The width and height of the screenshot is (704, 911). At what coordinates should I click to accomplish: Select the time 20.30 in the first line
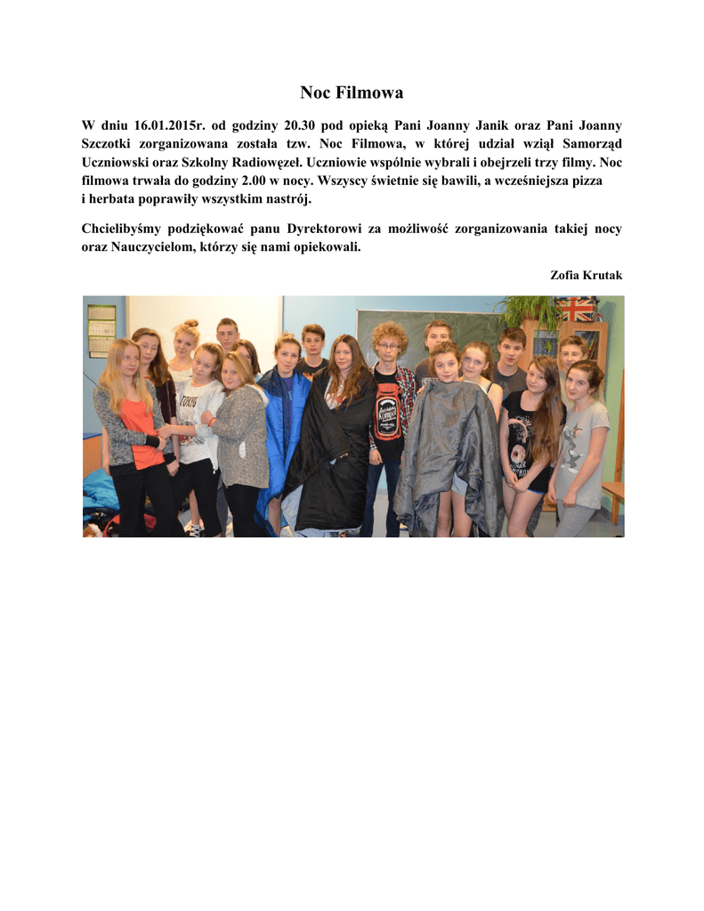click(x=301, y=125)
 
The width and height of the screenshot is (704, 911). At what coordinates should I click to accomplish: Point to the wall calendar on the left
click(x=101, y=330)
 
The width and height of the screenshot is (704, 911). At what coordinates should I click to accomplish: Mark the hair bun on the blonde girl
click(x=188, y=326)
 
